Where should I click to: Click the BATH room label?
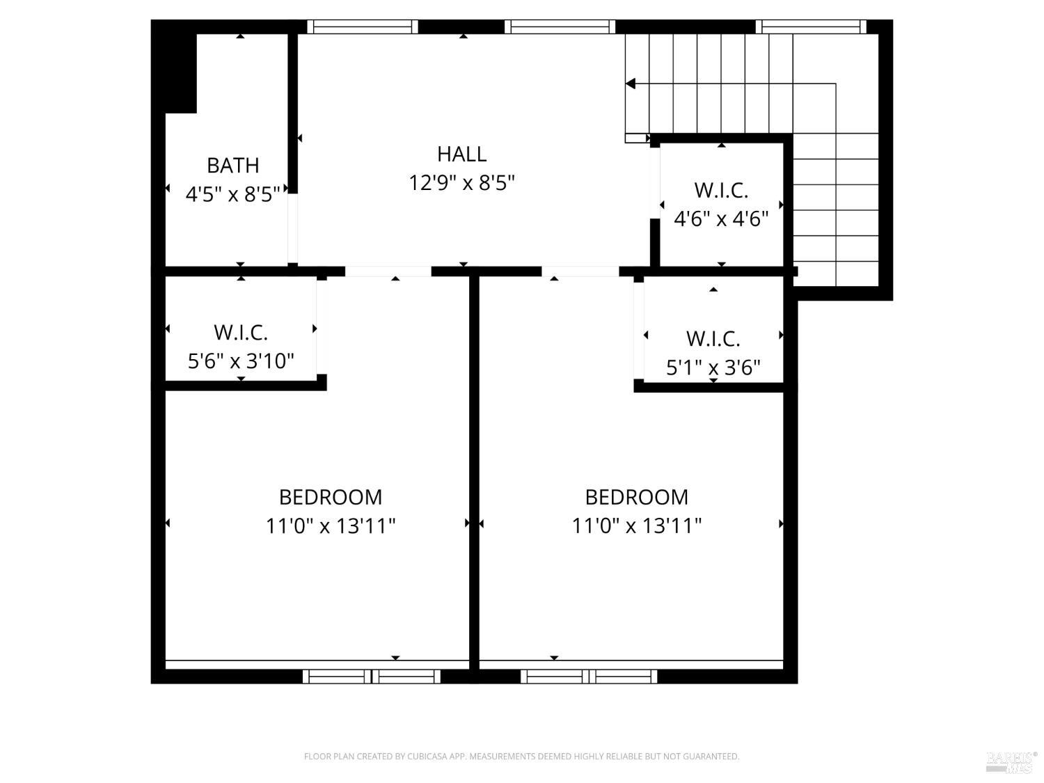coord(232,166)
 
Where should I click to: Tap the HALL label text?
coord(461,154)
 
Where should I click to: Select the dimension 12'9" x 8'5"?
coord(461,183)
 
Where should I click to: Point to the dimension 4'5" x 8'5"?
coord(232,193)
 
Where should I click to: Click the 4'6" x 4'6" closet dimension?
coord(721,219)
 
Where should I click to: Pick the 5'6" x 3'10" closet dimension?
coord(241,361)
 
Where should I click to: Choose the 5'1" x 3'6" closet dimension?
coord(713,367)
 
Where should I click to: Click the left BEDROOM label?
coord(331,497)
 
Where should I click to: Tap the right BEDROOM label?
coord(636,497)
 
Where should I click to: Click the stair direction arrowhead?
coord(631,84)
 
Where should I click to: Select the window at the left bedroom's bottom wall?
coord(372,676)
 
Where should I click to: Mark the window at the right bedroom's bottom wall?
coord(590,676)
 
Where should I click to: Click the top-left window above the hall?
coord(363,27)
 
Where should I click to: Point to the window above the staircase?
coord(811,27)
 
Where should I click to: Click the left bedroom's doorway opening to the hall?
coord(388,271)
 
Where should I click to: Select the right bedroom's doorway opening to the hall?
coord(580,271)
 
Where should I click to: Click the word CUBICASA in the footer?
coord(426,757)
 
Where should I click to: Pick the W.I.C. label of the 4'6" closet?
coord(721,190)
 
